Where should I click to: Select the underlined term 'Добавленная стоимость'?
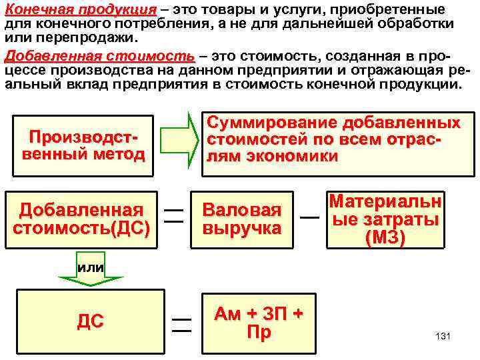(100, 56)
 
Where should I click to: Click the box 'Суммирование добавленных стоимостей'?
(333, 140)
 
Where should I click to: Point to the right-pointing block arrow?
(179, 140)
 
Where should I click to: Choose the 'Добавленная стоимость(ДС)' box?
(81, 219)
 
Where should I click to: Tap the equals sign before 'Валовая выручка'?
(174, 215)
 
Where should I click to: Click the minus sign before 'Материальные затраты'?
(309, 217)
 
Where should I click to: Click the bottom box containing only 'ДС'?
(90, 321)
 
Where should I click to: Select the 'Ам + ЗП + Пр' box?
(258, 323)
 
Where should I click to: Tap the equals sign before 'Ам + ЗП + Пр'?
(181, 325)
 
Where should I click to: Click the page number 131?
(443, 336)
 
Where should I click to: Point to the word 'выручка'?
(242, 229)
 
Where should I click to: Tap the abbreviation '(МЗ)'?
(385, 237)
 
